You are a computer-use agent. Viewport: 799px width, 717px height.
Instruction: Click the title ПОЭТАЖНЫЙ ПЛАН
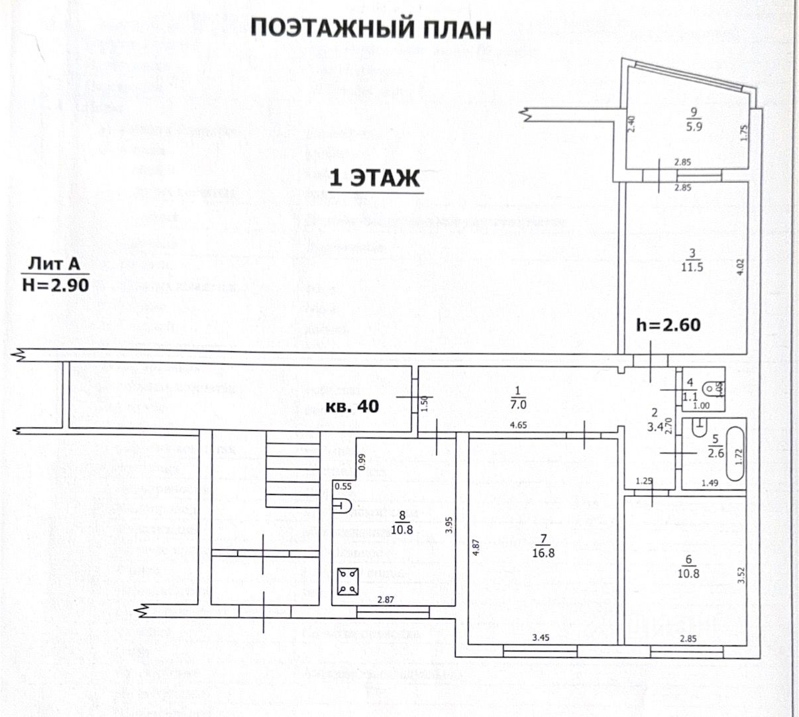(372, 29)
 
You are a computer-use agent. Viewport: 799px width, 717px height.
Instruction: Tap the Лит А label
(54, 264)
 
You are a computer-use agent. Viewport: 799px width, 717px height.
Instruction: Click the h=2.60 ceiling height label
(668, 325)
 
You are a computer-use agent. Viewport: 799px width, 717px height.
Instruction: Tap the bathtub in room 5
(735, 455)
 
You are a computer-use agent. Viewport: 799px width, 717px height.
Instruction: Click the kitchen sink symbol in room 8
(341, 505)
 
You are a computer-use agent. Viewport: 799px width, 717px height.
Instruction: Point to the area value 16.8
(543, 553)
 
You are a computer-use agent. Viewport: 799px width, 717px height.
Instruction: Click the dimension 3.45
(543, 639)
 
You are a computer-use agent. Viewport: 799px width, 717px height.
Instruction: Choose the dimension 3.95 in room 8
(449, 525)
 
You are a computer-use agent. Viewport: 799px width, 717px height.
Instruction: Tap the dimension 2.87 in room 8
(386, 600)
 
